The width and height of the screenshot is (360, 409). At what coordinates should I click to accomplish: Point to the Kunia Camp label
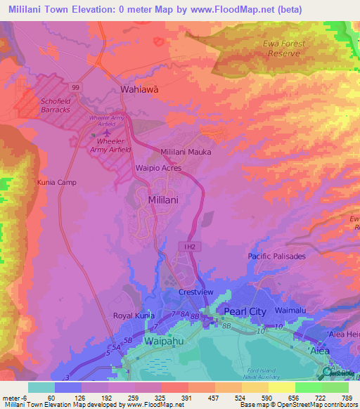[x=56, y=182]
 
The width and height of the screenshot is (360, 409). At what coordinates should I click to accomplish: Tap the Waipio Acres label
[x=158, y=169]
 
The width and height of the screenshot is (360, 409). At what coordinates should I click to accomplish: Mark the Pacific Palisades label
[x=276, y=257]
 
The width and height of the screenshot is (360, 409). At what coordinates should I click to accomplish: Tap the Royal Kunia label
[x=134, y=316]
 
